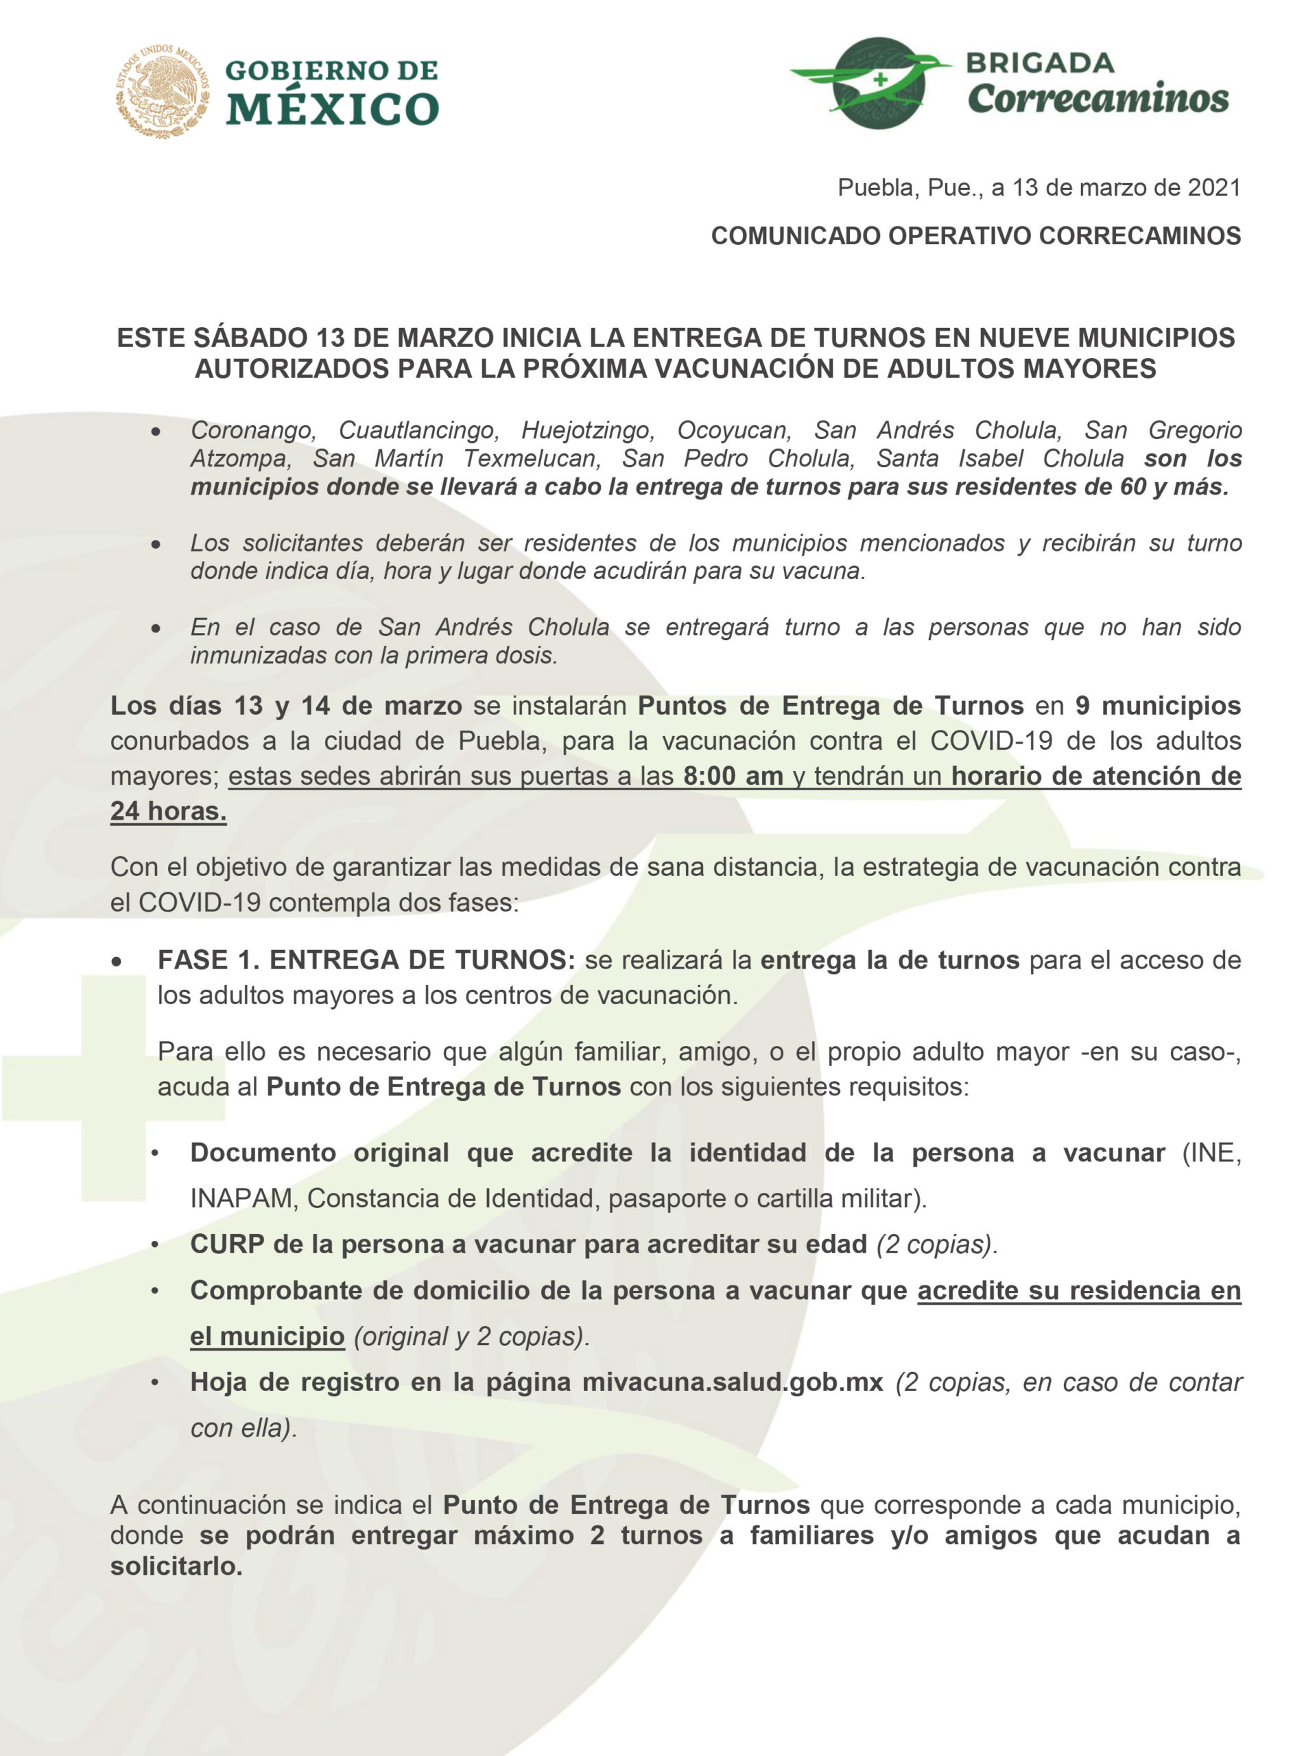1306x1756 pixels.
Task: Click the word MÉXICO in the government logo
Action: point(332,108)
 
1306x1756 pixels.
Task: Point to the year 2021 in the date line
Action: point(1214,187)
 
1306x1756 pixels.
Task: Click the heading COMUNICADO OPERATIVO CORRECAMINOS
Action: point(975,235)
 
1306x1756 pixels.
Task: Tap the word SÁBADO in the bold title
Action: point(252,337)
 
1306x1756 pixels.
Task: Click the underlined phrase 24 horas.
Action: point(168,811)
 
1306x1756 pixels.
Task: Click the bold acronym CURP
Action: point(227,1244)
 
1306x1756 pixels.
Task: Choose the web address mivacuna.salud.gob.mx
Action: point(732,1382)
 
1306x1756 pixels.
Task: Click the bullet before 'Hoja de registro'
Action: point(156,1383)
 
